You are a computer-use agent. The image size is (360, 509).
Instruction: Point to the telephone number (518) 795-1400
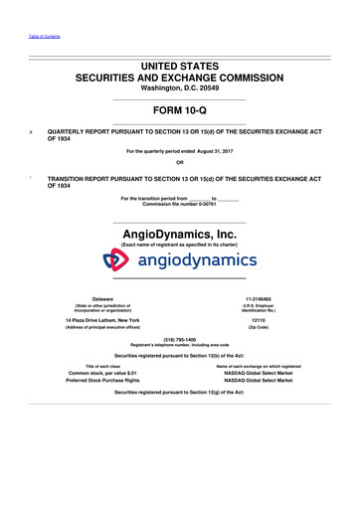pos(179,339)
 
